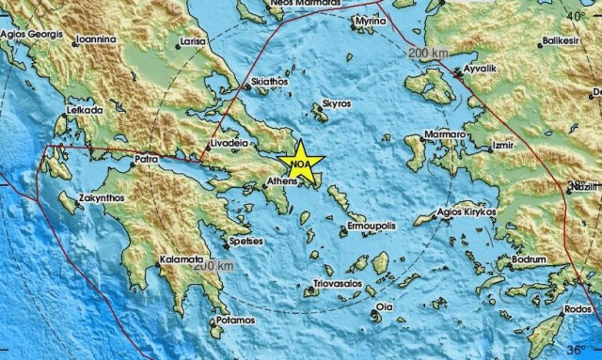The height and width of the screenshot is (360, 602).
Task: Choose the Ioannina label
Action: (97, 39)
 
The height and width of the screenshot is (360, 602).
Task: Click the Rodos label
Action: (580, 310)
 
